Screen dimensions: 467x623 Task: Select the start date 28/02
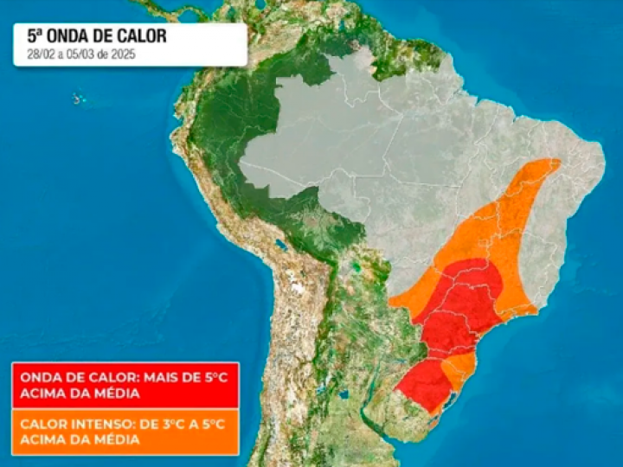37,54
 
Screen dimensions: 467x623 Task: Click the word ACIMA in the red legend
42,393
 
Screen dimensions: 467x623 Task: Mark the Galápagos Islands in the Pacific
79,99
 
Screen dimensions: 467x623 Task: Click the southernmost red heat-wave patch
424,384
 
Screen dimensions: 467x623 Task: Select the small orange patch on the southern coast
459,368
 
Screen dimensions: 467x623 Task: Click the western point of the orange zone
392,303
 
